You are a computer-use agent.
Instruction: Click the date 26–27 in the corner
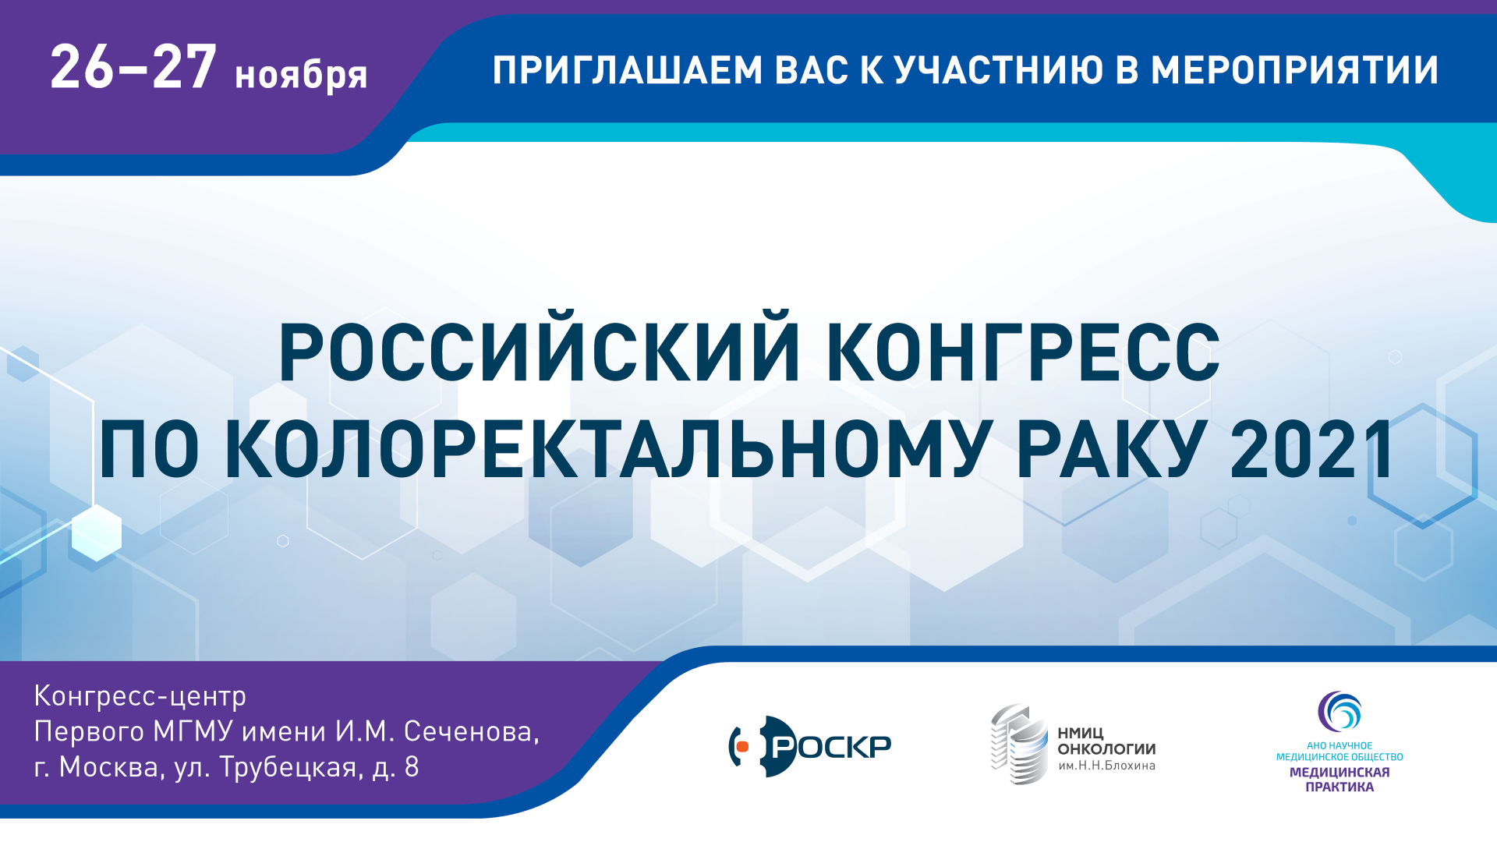133,67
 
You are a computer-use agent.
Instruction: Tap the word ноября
301,76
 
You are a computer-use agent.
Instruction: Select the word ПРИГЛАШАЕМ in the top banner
628,70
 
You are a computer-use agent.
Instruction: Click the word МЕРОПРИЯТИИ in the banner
1294,70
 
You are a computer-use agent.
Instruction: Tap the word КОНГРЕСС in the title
1023,352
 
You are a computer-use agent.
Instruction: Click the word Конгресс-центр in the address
140,695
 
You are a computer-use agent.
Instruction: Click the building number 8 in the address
412,767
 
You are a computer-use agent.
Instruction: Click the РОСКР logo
810,746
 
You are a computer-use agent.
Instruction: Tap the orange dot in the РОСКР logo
742,747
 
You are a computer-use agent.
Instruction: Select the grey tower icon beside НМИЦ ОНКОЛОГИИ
1019,744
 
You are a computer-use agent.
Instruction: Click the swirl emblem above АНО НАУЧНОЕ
1340,711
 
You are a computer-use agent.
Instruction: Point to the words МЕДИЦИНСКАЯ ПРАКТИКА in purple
1340,780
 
